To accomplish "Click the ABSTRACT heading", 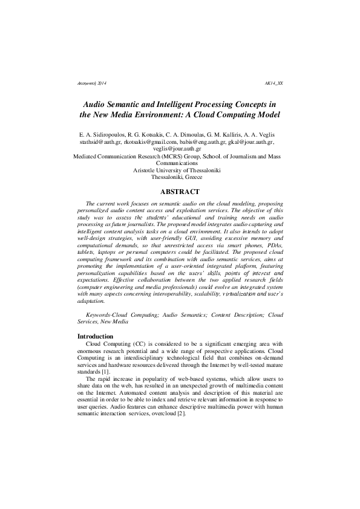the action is (x=180, y=192).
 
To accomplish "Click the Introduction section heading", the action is (x=95, y=336).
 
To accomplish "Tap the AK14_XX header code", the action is (x=273, y=82).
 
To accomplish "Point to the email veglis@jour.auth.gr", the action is (x=180, y=149).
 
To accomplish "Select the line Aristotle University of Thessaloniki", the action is (x=180, y=170).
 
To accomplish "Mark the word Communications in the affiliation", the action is (x=180, y=163).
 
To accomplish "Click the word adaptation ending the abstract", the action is (x=91, y=300).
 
